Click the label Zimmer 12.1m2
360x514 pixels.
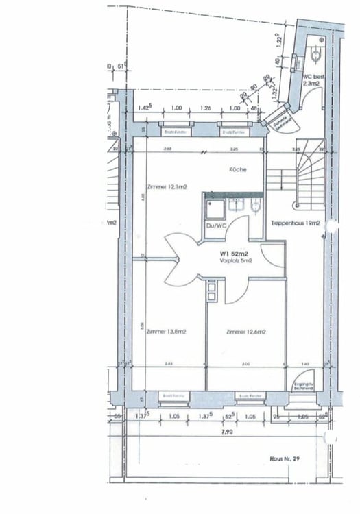point(167,185)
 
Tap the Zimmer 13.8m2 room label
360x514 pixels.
point(167,331)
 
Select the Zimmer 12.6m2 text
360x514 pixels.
point(246,332)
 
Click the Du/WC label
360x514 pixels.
point(215,225)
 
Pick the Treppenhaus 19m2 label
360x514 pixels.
point(297,223)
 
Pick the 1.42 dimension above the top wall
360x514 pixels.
point(145,108)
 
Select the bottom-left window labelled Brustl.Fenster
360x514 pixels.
point(171,396)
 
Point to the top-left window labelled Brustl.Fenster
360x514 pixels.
point(175,131)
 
